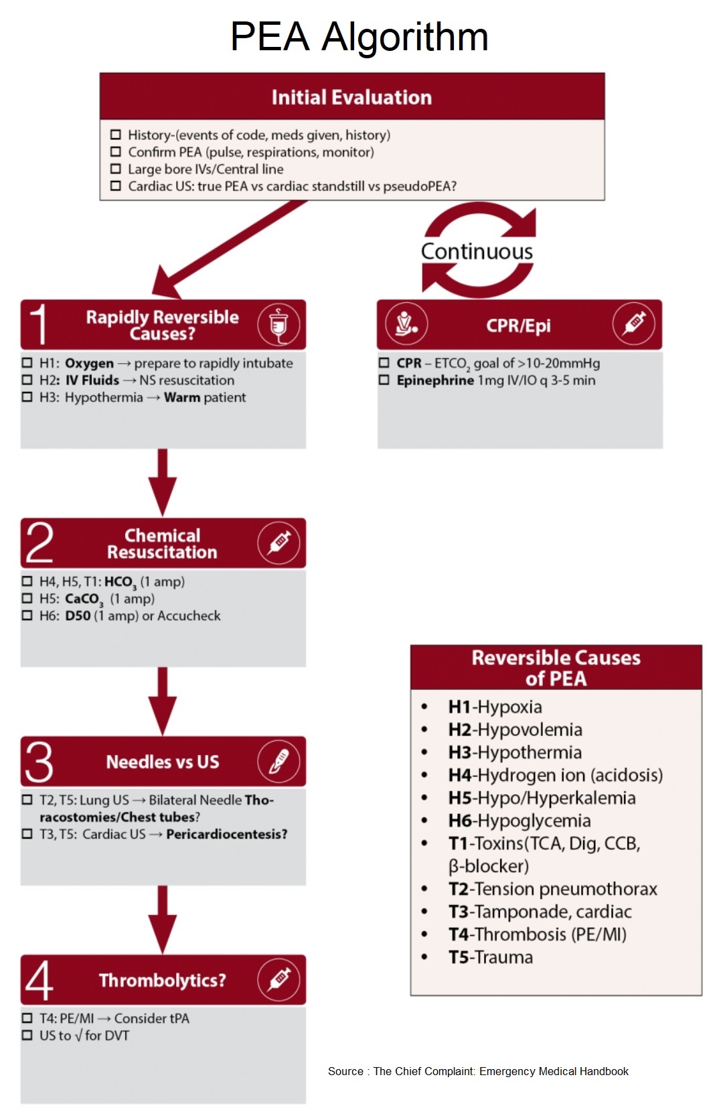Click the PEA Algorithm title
click(x=359, y=36)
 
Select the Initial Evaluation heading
click(x=351, y=97)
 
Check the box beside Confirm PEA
click(x=116, y=152)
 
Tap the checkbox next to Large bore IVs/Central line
click(x=116, y=169)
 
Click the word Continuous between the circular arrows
click(x=477, y=251)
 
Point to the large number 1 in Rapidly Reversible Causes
click(x=38, y=325)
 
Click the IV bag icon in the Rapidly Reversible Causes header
click(x=278, y=325)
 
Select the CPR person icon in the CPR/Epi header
click(x=406, y=324)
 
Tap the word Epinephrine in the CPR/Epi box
click(x=435, y=380)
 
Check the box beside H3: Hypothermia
click(x=27, y=397)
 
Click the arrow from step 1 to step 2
click(x=162, y=482)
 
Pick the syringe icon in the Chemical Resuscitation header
click(x=278, y=543)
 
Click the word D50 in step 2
click(x=78, y=616)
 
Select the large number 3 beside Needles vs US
click(x=39, y=762)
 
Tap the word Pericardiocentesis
click(x=226, y=834)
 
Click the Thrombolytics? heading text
click(x=163, y=980)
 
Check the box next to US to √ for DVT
click(x=27, y=1036)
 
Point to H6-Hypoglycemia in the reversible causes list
click(x=519, y=821)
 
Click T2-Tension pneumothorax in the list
click(x=553, y=889)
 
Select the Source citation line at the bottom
click(x=478, y=1071)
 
